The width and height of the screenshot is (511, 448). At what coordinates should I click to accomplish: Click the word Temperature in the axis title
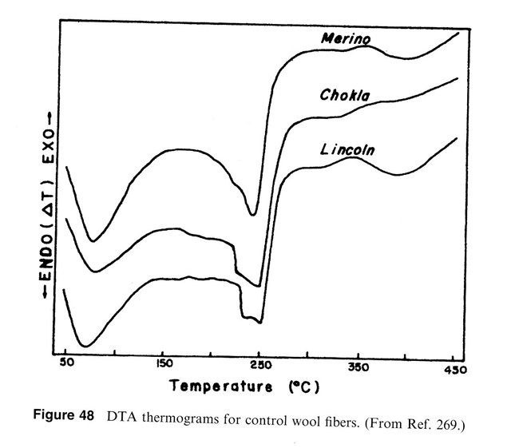[x=224, y=390]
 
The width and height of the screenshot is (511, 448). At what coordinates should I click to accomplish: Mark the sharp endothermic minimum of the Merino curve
[x=253, y=214]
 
